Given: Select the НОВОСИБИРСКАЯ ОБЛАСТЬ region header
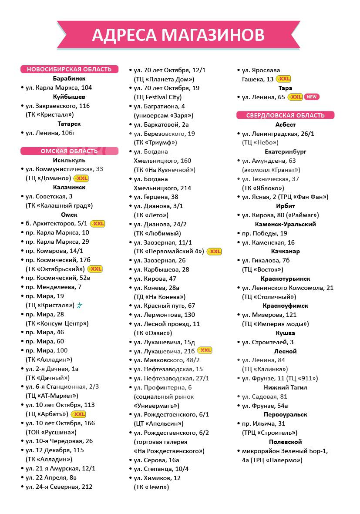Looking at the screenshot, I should point(70,69).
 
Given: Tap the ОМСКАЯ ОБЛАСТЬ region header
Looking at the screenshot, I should point(70,151).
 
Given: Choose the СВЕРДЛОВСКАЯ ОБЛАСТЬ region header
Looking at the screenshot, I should point(286,115).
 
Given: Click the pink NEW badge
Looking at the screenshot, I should point(311,97).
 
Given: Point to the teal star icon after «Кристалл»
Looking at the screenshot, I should point(80,306).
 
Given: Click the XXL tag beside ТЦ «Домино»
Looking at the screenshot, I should point(81,178).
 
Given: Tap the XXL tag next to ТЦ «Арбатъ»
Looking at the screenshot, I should point(78,414).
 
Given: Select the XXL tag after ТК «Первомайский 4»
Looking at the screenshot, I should point(214,252).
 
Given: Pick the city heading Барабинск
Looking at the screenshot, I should point(69,79).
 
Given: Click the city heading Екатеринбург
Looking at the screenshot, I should point(286,152).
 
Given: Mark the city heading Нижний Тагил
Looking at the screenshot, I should point(286,387).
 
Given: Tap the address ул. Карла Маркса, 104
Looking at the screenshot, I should point(59,87).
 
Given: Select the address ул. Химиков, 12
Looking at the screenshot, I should point(157,478).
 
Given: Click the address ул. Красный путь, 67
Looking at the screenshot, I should point(164,306).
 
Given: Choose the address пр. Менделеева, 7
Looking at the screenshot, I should point(54,287).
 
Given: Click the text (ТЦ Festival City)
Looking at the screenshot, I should point(158,97).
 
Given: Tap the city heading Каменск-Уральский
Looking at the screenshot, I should point(286,224).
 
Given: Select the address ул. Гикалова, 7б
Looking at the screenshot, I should point(266,260).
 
